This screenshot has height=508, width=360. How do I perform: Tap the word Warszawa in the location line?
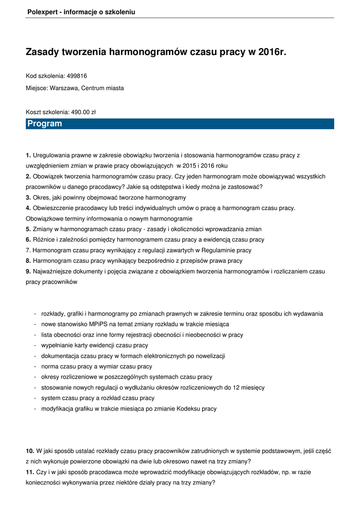click(64, 88)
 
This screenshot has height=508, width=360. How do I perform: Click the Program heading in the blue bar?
click(45, 124)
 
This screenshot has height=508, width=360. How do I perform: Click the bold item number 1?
click(28, 155)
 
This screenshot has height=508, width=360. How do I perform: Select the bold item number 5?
click(28, 229)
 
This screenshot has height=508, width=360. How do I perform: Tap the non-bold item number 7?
click(28, 250)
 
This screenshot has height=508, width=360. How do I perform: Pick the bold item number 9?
click(28, 271)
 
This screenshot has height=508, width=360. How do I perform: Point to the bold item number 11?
click(30, 472)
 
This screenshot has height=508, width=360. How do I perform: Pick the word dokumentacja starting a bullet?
click(60, 356)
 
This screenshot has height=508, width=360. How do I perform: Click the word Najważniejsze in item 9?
click(53, 271)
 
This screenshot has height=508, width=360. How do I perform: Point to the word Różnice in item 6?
click(43, 240)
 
